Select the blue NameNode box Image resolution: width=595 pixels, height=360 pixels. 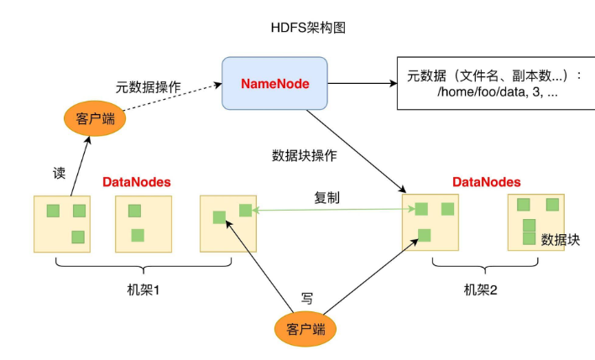pos(274,84)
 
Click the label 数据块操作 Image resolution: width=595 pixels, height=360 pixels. pos(304,155)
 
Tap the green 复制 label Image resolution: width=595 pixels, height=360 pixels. pos(327,198)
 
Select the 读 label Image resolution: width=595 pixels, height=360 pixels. pos(60,173)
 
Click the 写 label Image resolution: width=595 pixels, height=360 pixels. pos(307,297)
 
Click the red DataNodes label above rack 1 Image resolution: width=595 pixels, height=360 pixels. pos(137,182)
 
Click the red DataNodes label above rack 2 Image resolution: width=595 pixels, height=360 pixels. pos(486,182)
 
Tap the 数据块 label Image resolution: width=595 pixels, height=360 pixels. pos(561,239)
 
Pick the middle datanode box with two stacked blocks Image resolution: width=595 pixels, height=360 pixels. pos(143,223)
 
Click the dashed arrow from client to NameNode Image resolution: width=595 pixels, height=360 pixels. pos(172,97)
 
